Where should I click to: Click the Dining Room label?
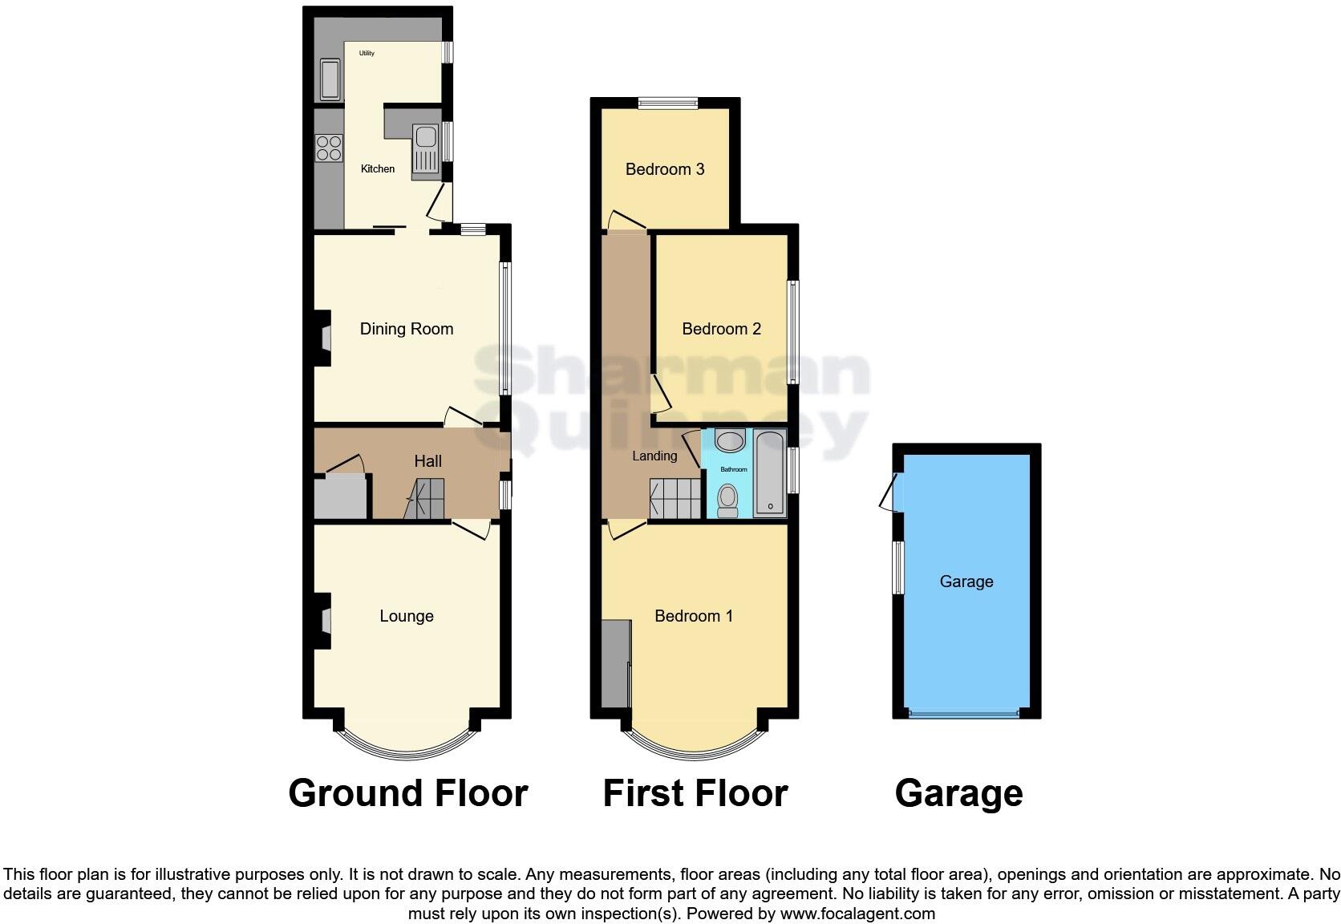coord(406,329)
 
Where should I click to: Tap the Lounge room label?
coord(406,616)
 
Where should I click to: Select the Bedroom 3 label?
coord(664,169)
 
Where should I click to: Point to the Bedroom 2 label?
coord(721,329)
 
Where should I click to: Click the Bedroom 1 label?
coord(693,616)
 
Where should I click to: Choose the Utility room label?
coord(367,54)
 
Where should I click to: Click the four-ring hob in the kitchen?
coord(329,148)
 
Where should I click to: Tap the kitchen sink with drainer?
coord(425,149)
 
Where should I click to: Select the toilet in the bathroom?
coord(727,500)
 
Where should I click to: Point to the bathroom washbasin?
coord(730,440)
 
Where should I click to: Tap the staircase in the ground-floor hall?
coord(425,499)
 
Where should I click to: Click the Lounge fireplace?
coord(323,620)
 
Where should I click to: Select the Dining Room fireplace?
coord(323,338)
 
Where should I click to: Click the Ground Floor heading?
coord(407,793)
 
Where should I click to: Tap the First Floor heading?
coord(695,793)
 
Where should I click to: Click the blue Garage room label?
coord(966,582)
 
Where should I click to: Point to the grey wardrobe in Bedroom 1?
coord(615,663)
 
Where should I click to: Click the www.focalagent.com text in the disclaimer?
coord(857,913)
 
